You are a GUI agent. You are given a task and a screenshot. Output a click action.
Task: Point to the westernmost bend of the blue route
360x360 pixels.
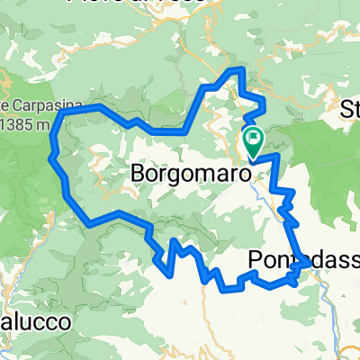49,155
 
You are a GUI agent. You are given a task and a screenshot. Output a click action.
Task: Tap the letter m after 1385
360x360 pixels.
44,124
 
